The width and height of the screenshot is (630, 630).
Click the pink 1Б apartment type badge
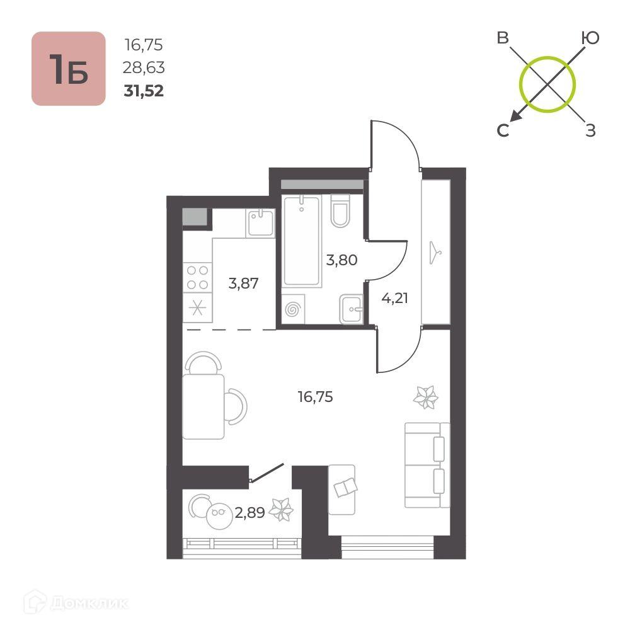tap(68, 69)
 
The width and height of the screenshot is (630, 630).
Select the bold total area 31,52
tap(144, 91)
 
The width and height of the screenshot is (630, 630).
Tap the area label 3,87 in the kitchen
tap(243, 283)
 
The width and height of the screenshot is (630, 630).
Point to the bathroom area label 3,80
tap(341, 260)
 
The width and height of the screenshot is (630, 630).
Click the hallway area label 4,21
tap(394, 298)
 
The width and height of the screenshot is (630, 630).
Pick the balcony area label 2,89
tap(249, 513)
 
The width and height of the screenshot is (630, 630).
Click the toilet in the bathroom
tap(340, 211)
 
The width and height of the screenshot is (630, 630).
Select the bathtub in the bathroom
tap(302, 241)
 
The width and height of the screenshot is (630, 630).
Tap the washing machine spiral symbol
tap(293, 310)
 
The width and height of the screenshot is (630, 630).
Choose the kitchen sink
tap(260, 223)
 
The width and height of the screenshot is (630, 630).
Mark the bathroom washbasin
tap(351, 309)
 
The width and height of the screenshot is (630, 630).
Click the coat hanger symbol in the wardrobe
tap(435, 253)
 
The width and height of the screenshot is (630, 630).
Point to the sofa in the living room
tap(427, 465)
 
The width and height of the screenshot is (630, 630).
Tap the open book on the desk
tap(345, 488)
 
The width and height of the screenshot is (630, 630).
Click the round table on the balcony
tap(219, 516)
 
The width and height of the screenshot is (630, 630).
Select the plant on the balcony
tap(281, 510)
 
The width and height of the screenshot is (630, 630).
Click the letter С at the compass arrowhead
tap(503, 130)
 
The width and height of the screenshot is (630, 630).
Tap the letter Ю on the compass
tap(590, 38)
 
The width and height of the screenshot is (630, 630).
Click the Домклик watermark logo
tap(76, 603)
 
